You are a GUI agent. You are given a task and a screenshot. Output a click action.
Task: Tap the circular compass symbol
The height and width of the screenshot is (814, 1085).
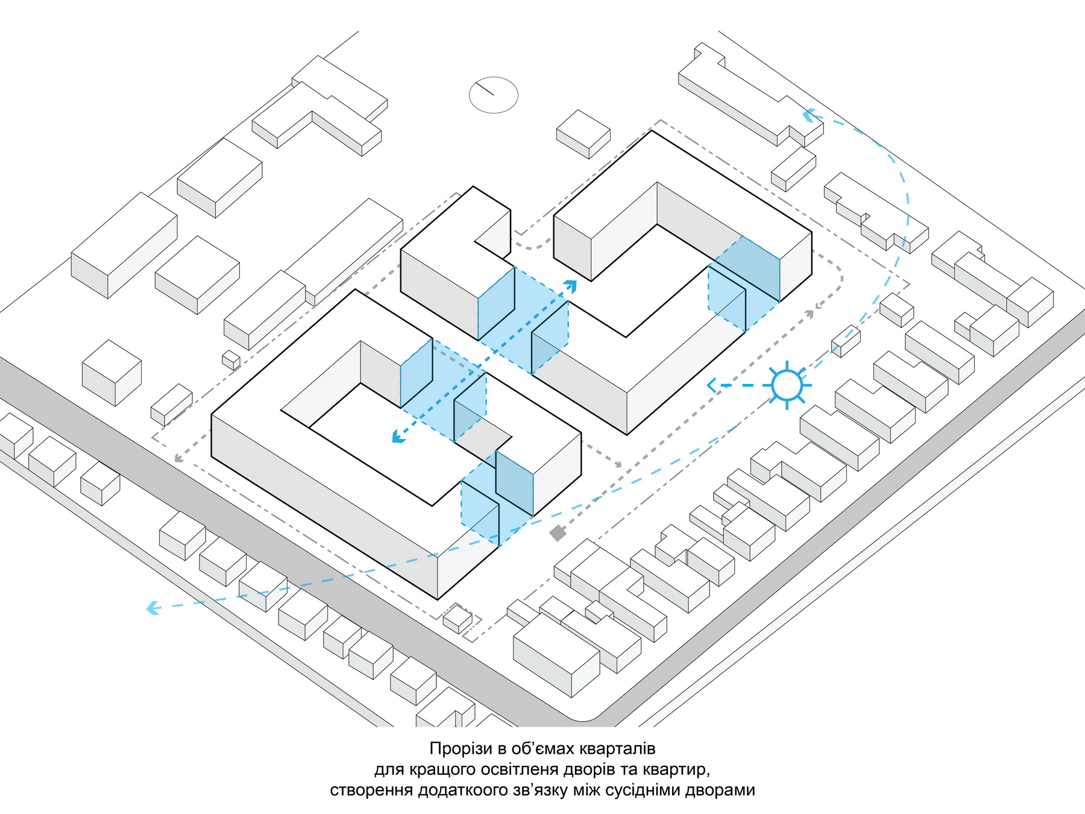tap(494, 95)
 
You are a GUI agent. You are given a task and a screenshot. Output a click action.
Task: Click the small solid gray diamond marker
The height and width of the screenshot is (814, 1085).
tap(558, 533)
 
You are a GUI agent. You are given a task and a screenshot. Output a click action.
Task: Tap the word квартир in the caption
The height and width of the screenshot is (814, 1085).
tap(675, 770)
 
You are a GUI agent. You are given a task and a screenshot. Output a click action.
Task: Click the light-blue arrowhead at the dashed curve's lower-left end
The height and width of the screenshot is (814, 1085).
tap(153, 608)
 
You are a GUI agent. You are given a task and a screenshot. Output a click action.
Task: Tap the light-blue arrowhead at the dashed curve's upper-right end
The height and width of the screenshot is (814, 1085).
tap(809, 115)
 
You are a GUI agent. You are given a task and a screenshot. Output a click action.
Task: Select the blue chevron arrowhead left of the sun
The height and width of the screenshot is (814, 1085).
tap(711, 385)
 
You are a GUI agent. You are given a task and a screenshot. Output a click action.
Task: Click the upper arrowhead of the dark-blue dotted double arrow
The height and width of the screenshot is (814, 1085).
tap(570, 286)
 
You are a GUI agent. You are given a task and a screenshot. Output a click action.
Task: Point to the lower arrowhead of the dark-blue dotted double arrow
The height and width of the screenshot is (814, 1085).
tap(398, 437)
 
